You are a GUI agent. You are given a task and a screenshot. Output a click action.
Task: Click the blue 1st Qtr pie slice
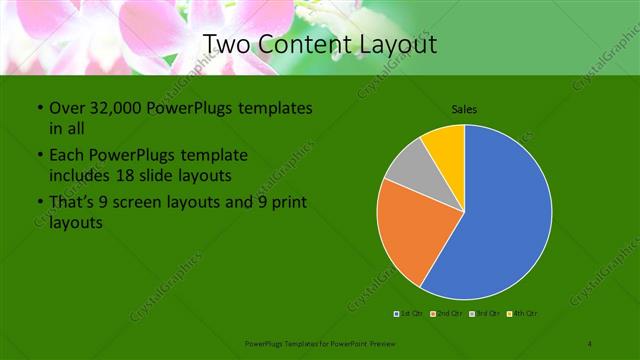point(505,215)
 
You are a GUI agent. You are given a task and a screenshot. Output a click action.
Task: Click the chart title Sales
point(464,108)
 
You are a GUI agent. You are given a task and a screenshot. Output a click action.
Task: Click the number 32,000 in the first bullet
point(114,108)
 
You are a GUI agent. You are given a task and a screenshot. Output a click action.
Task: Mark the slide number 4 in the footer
point(590,343)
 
